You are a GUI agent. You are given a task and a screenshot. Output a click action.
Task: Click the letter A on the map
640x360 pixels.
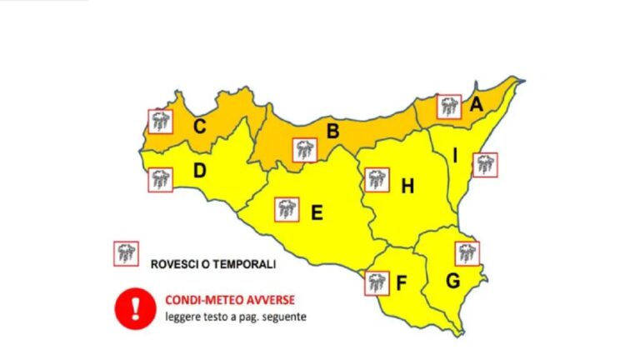tap(476, 105)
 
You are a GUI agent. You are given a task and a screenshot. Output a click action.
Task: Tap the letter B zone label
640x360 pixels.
tap(332, 131)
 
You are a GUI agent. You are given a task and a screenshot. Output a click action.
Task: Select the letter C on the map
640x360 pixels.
tap(200, 127)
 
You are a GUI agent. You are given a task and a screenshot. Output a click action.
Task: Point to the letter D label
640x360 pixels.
tap(200, 172)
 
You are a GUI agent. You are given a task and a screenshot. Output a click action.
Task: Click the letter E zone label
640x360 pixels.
tap(317, 213)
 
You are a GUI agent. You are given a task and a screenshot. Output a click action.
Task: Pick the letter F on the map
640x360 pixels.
tap(401, 283)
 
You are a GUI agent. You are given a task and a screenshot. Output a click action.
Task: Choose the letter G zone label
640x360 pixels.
tap(452, 282)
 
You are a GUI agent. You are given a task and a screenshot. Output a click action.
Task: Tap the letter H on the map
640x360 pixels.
tap(407, 187)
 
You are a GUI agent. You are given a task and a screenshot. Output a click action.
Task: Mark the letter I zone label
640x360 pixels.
tap(455, 156)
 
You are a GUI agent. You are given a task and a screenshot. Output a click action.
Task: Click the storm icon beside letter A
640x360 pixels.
tap(450, 106)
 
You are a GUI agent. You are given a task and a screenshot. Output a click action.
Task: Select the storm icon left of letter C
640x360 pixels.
tap(160, 122)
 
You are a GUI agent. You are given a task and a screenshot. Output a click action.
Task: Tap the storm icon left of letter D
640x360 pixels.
tap(160, 179)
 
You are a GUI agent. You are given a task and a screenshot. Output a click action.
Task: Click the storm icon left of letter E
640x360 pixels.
tap(287, 209)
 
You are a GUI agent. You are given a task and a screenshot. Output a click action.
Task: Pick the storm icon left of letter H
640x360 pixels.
tap(377, 179)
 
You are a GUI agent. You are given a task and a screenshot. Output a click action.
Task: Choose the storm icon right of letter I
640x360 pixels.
tap(485, 165)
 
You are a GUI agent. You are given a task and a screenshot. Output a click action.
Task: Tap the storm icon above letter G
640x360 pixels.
tap(467, 252)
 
